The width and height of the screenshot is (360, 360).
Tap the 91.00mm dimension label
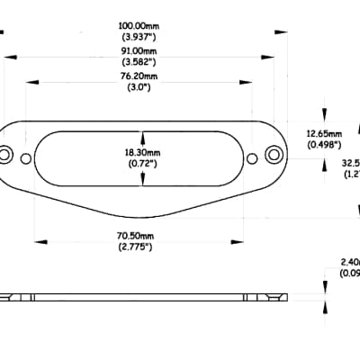(141, 51)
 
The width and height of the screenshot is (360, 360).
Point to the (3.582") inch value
(141, 63)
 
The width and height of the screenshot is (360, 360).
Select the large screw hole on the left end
(6, 156)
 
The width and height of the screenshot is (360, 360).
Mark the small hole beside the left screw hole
(25, 159)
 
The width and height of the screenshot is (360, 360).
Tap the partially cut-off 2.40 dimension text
(348, 263)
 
